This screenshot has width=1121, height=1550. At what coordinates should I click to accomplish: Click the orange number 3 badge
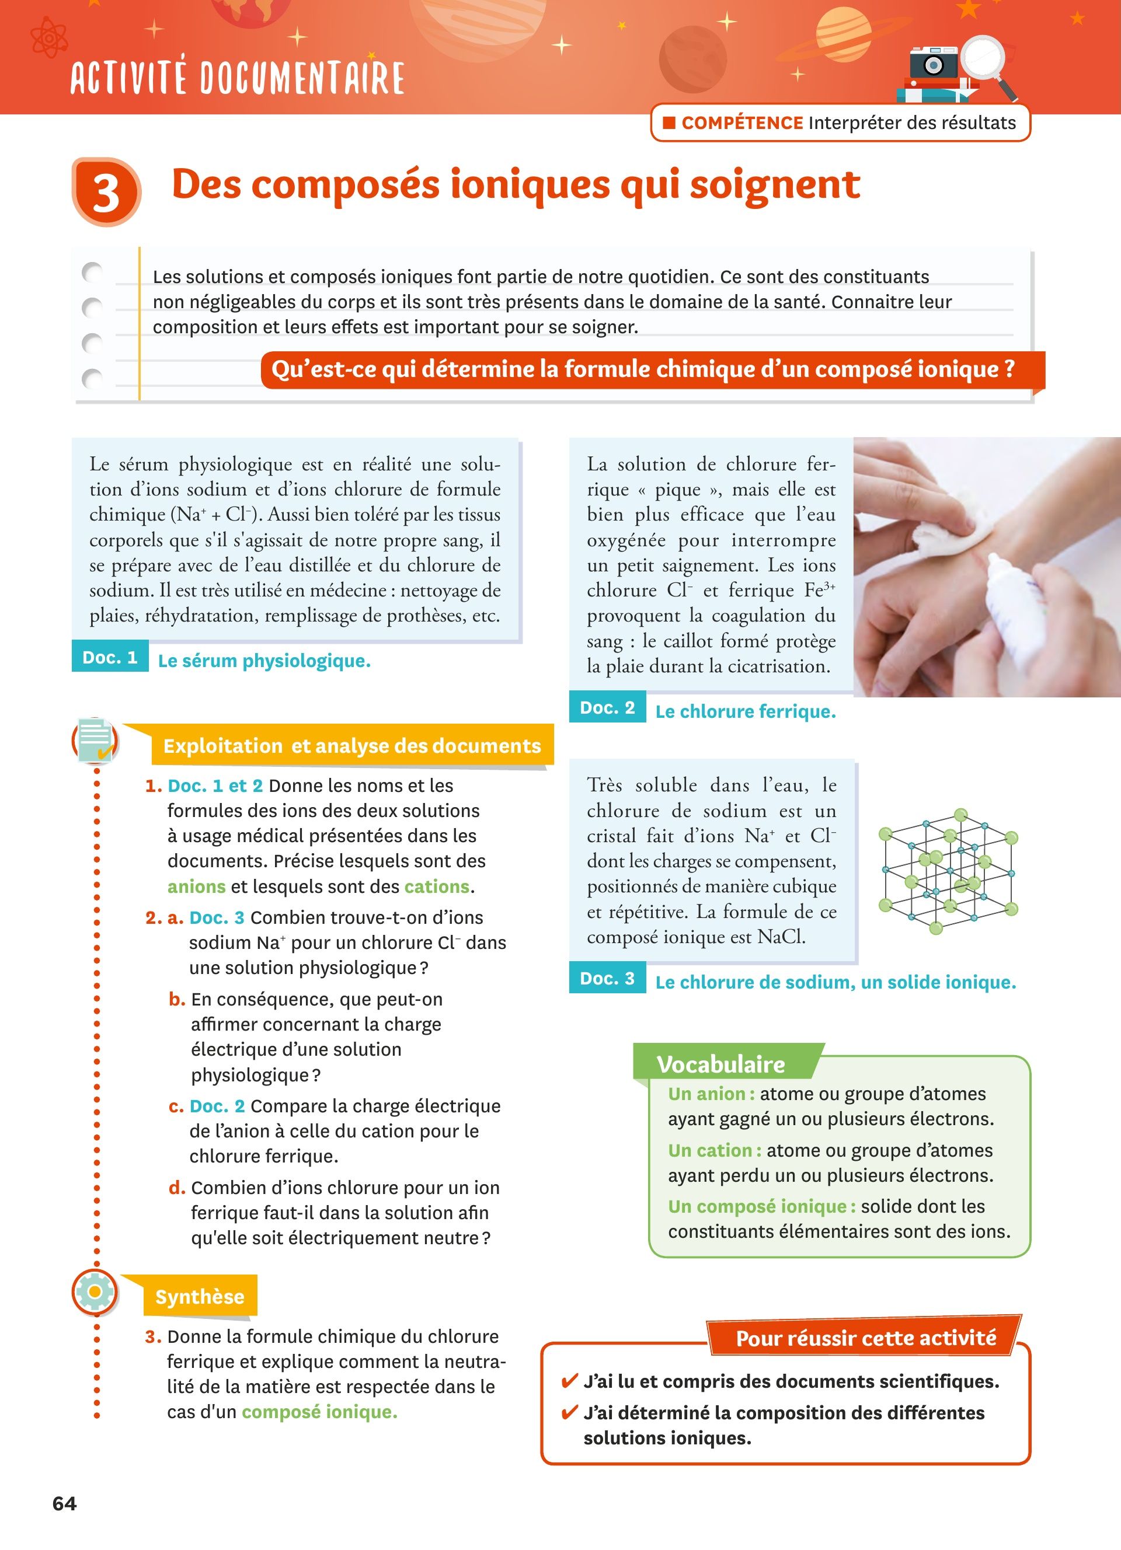106,192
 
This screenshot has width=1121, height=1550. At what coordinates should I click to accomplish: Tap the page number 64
64,1503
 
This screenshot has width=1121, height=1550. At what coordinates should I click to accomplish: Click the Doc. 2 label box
608,707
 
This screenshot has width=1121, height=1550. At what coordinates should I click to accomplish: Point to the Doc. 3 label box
608,978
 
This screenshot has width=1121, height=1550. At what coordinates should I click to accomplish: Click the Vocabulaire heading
720,1064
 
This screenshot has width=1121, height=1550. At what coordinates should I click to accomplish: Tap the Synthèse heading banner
200,1296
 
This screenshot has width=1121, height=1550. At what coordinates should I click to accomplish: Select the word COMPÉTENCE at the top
741,123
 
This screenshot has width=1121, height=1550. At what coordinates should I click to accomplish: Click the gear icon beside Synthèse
95,1291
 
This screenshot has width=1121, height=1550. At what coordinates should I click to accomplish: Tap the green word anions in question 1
196,886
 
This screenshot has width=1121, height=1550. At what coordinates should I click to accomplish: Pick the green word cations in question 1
437,886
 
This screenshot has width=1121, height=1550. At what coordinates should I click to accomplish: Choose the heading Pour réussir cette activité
866,1338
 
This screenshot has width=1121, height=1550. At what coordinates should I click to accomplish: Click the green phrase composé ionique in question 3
319,1412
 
